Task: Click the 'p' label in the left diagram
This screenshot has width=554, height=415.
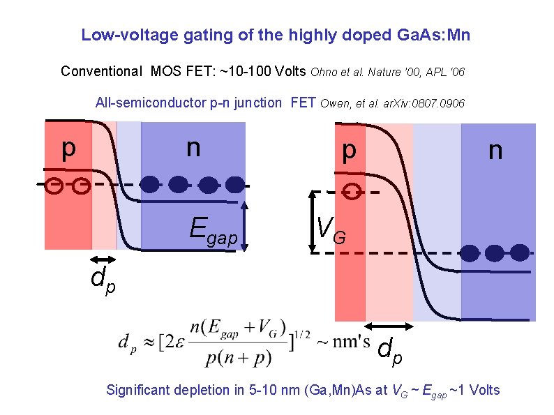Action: point(67,148)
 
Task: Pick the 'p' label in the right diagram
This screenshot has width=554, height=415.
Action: point(348,150)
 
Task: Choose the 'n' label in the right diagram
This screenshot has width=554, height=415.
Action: point(495,150)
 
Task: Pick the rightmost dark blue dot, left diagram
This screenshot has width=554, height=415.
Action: point(235,184)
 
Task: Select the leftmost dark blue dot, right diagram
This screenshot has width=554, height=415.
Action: point(472,252)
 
